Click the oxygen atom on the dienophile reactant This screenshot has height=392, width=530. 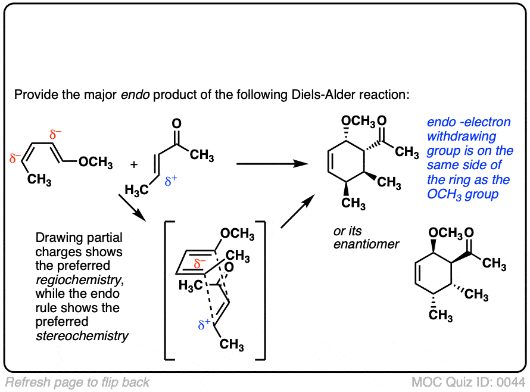(176, 124)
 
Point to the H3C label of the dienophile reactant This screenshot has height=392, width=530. (136, 190)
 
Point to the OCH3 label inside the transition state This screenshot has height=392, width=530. (237, 235)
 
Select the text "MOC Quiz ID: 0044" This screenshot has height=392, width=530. (470, 381)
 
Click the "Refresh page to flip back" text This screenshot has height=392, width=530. (77, 382)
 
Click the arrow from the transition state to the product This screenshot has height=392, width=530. (295, 213)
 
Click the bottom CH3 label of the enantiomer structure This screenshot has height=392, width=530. (440, 315)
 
